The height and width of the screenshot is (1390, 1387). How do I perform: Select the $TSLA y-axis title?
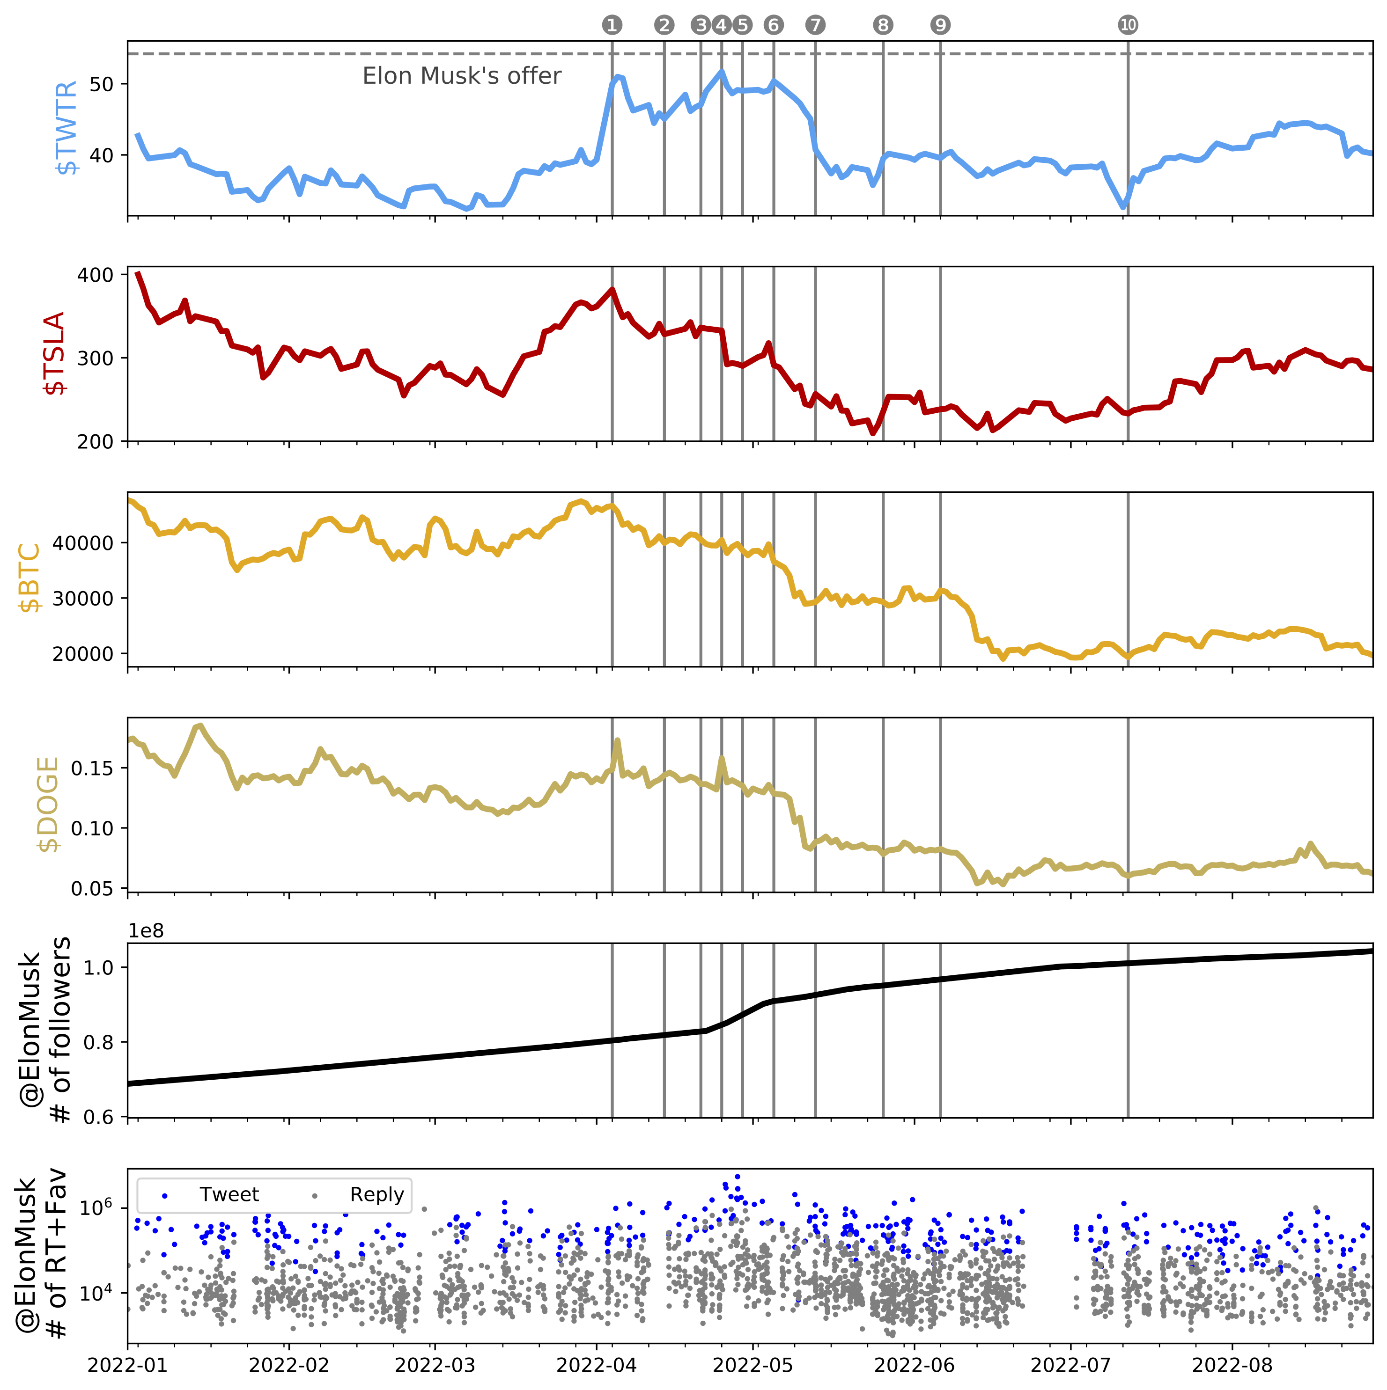pyautogui.click(x=55, y=353)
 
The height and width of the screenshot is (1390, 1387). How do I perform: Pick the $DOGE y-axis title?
pyautogui.click(x=47, y=805)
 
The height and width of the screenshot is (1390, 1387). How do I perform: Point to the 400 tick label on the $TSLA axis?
pyautogui.click(x=96, y=275)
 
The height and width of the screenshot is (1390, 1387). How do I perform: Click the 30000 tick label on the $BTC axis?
pyautogui.click(x=83, y=599)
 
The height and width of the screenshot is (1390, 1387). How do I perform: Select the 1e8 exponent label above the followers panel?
pyautogui.click(x=146, y=931)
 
